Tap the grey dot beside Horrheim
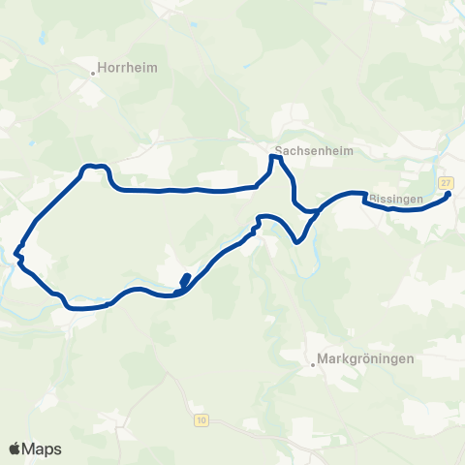pos(94,71)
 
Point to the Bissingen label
pos(394,199)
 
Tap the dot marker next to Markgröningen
pos(315,365)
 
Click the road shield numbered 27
pos(446,182)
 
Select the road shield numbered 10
pos(201,418)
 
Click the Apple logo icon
pos(15,449)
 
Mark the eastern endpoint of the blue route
pos(449,195)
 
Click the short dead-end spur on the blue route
pos(184,280)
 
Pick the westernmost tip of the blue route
pos(16,256)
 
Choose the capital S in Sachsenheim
pos(279,151)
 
